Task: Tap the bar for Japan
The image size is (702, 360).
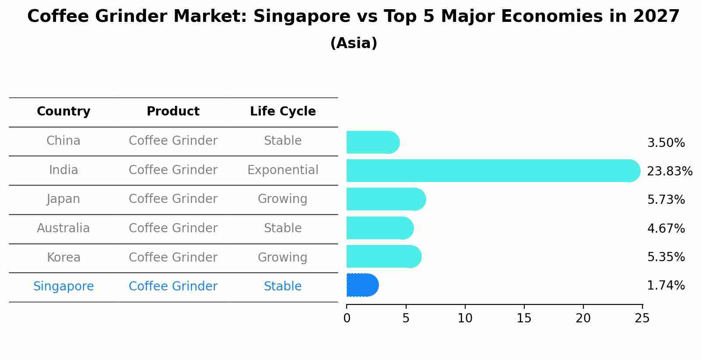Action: point(386,199)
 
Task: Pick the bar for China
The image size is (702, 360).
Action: point(372,142)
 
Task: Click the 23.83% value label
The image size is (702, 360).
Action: point(669,171)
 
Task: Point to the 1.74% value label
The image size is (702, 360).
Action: point(666,286)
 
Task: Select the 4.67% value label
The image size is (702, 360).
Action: point(666,228)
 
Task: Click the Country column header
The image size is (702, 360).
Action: point(63,112)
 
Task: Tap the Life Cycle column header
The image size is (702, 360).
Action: point(283,112)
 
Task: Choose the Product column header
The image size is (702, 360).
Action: point(173,112)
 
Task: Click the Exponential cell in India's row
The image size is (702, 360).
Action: point(283,170)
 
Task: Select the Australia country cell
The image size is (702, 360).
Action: point(63,228)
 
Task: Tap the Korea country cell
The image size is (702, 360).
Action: point(63,258)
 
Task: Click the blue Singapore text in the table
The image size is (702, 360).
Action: point(63,287)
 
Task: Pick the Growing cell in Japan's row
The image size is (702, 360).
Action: point(283,199)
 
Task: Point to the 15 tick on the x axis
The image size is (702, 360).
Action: point(524,318)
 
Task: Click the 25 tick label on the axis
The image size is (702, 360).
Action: point(642,318)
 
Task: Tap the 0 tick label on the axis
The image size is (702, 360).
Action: point(347,318)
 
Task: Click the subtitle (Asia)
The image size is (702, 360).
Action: point(354,43)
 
